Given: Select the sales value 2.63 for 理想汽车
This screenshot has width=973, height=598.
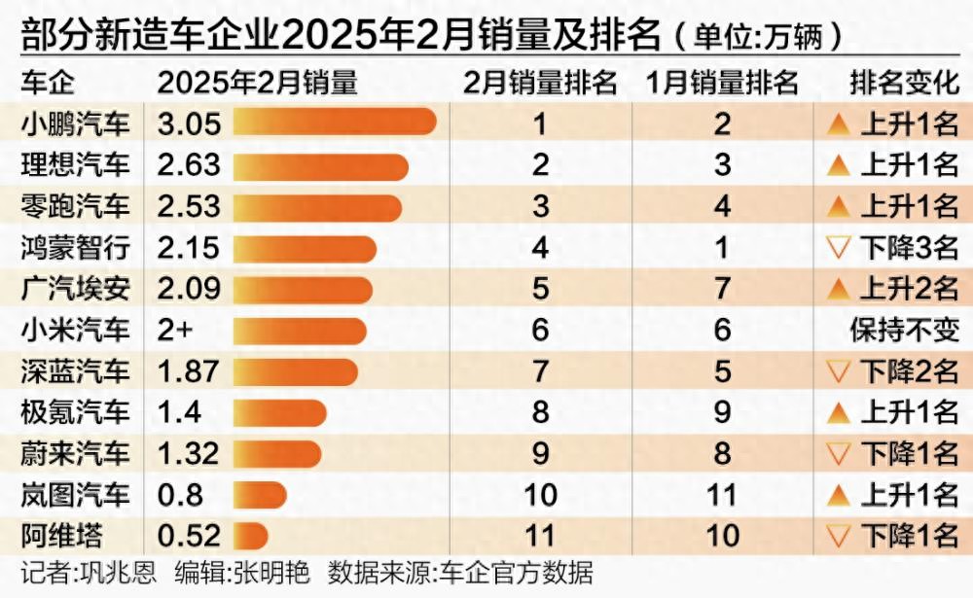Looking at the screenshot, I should [x=189, y=164].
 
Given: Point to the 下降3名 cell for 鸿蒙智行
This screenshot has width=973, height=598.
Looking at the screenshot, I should [x=891, y=248].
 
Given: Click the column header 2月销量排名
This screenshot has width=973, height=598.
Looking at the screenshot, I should [x=540, y=82].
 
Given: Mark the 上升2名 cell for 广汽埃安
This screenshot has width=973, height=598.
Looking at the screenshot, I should [x=891, y=289].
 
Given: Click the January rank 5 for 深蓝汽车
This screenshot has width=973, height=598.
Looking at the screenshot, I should [x=722, y=371].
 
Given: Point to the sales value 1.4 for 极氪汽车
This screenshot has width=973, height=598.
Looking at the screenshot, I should [x=179, y=412].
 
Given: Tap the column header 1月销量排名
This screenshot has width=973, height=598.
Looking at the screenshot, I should [x=722, y=82].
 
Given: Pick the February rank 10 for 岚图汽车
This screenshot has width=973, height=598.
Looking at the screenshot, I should [x=540, y=495].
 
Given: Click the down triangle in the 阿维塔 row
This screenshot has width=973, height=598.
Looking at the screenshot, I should [x=838, y=536].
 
